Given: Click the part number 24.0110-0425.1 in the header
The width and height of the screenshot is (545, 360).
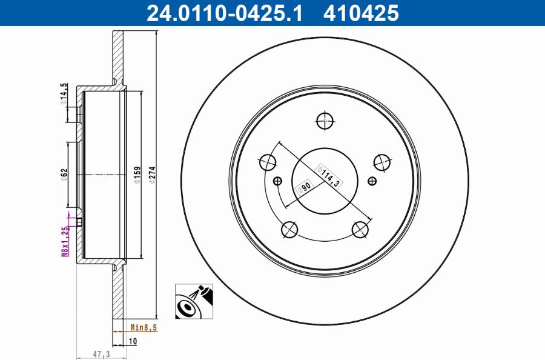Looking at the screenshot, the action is (225, 13).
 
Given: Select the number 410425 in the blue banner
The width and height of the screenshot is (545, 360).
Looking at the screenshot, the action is (361, 13).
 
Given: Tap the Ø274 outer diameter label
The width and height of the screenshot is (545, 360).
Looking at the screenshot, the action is (152, 175).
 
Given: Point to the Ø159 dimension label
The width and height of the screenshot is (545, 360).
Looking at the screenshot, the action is (137, 175).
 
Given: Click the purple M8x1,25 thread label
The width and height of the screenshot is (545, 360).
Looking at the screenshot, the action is (65, 241).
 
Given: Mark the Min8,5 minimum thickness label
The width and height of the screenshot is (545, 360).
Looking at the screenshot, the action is (144, 327).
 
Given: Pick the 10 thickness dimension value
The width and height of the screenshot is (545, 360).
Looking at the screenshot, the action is (133, 341).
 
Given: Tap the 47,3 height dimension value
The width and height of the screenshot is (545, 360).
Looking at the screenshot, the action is (101, 354).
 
